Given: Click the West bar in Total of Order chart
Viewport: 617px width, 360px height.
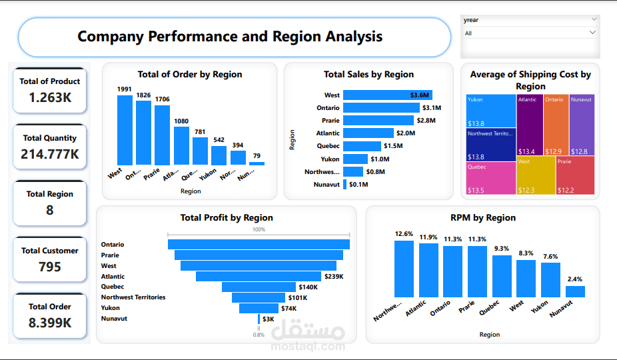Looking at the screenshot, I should [125, 130].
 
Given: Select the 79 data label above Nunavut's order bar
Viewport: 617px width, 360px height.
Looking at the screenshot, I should [257, 156].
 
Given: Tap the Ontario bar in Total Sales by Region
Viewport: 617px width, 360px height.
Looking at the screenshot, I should [381, 107].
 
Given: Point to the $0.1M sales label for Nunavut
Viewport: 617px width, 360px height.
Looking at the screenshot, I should [358, 185].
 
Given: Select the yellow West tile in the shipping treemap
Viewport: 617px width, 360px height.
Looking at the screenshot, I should [536, 175].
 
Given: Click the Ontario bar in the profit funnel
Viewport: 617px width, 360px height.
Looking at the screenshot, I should [259, 245].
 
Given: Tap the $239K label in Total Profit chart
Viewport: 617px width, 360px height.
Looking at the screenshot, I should [333, 276].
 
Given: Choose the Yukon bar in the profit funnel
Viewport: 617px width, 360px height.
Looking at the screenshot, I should [259, 309].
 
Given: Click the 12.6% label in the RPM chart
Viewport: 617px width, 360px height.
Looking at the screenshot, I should [404, 234].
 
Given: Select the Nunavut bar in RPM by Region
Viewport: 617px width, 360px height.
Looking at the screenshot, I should [575, 291].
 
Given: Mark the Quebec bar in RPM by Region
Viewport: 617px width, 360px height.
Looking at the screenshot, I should [502, 276].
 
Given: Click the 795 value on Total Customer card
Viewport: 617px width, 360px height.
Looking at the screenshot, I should [50, 267].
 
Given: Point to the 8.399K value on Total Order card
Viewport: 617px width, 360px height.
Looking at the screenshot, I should [50, 323].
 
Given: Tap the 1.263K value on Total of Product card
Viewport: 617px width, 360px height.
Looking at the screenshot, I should [50, 97].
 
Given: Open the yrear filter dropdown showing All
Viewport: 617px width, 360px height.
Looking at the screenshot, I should [530, 33].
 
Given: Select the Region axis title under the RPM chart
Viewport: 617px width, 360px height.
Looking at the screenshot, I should [489, 335].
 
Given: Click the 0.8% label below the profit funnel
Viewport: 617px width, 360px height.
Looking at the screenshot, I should [259, 335].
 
